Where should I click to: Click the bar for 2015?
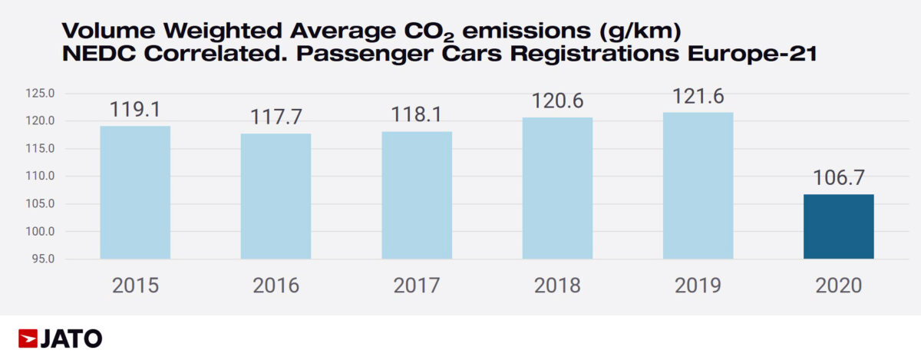[x=135, y=192]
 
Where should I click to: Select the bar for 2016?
[x=276, y=196]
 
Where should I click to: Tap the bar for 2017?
[x=417, y=195]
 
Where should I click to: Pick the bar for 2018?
[x=557, y=188]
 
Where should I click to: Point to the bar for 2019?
[x=698, y=185]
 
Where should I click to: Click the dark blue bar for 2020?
[x=838, y=226]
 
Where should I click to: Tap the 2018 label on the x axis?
[x=558, y=286]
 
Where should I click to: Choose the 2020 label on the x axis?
[x=839, y=286]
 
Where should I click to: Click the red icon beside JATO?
[x=28, y=339]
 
